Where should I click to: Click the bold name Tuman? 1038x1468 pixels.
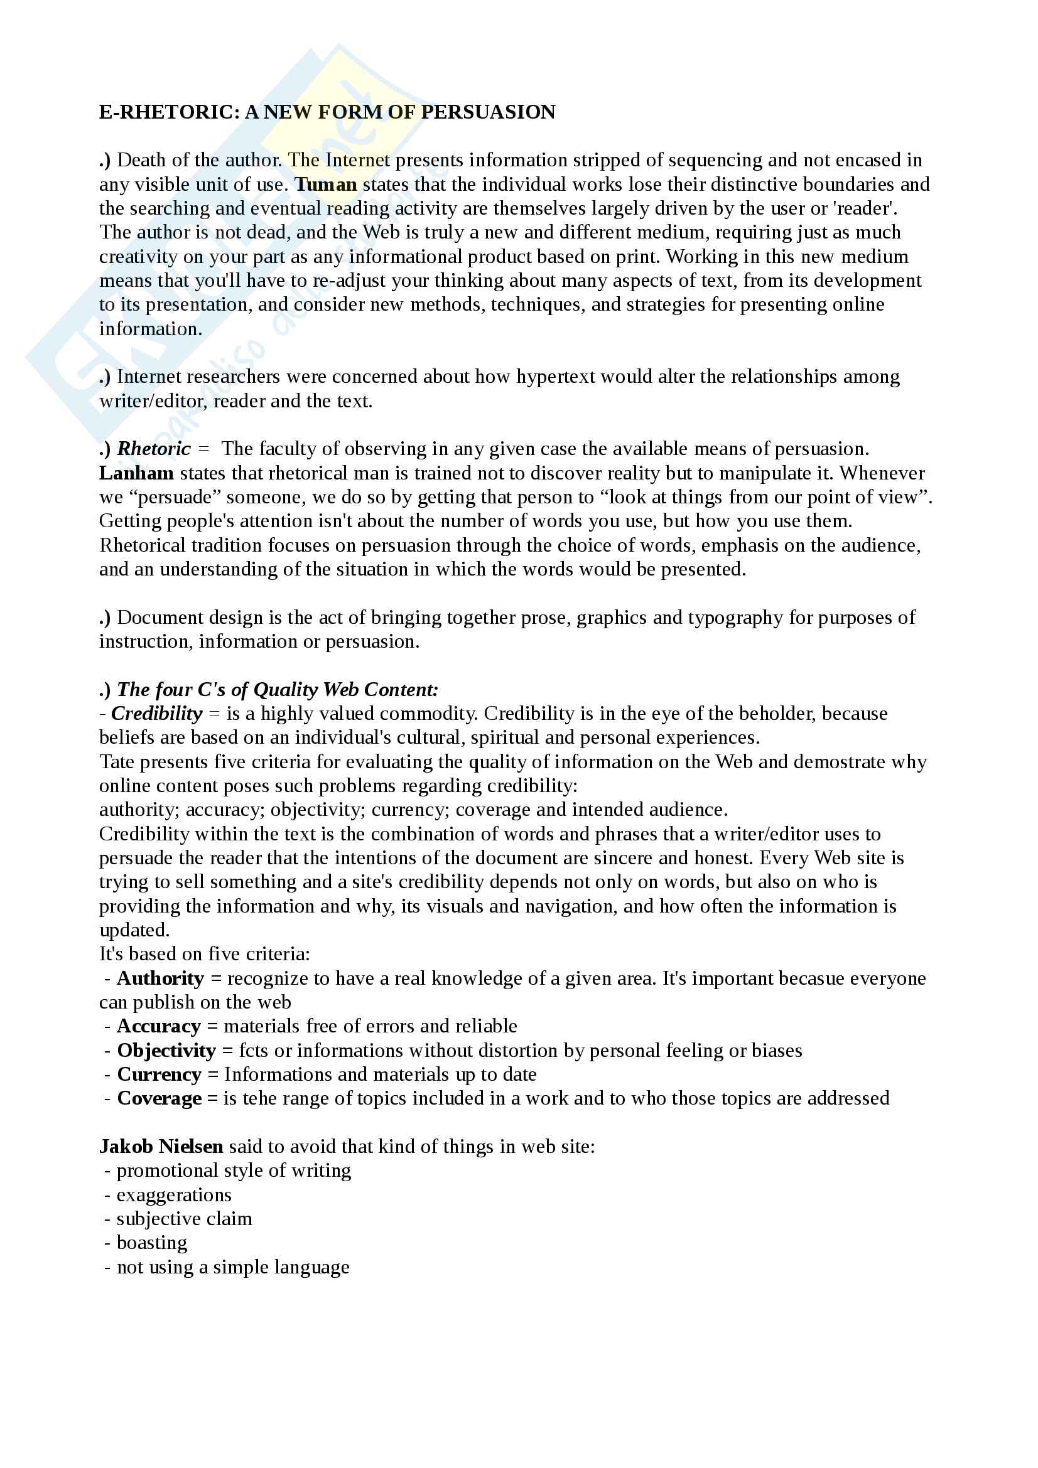coord(325,184)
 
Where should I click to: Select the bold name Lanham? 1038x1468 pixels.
coord(136,473)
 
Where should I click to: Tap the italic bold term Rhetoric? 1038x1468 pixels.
coord(153,449)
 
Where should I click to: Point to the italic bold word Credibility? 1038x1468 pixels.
coord(157,714)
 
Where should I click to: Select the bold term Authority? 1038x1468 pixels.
coord(160,978)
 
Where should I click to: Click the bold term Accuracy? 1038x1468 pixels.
coord(159,1026)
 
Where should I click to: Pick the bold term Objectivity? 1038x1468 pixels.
coord(166,1051)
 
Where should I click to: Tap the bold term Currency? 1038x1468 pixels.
coord(159,1074)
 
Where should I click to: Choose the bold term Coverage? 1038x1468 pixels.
coord(159,1098)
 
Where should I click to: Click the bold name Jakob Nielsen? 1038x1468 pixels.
coord(161,1147)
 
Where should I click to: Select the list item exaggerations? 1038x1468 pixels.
coord(173,1195)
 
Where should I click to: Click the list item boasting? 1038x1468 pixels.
coord(151,1243)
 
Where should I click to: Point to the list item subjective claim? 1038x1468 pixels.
coord(184,1219)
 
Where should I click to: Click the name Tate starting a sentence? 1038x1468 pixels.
coord(117,762)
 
